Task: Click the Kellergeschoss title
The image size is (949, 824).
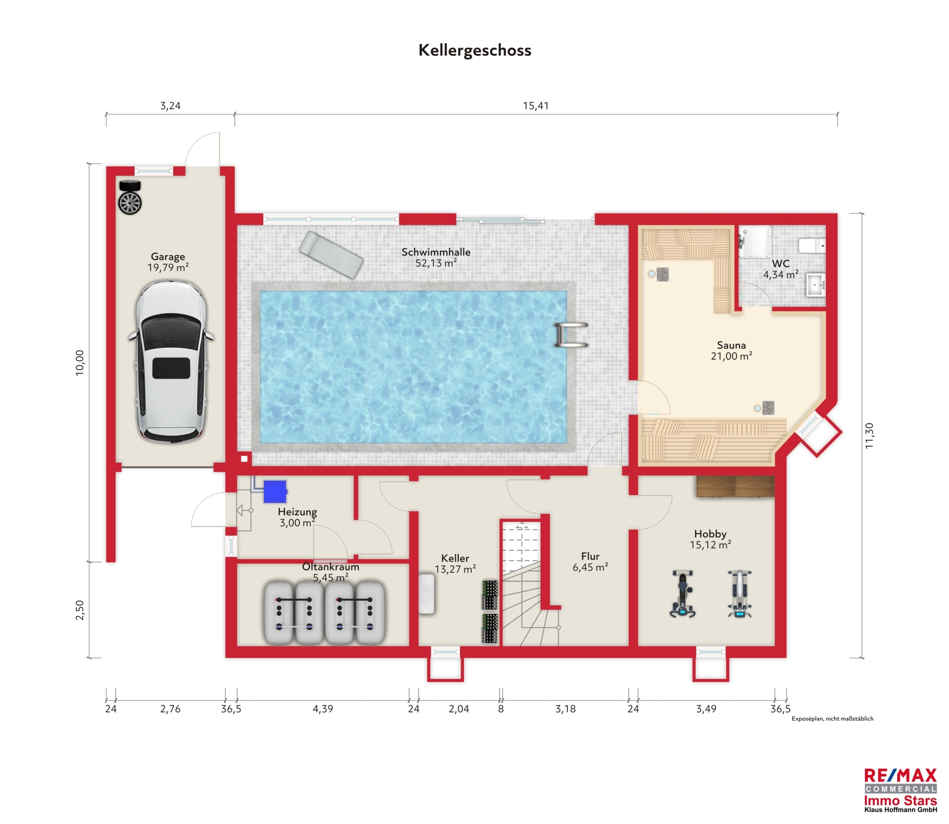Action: pyautogui.click(x=474, y=50)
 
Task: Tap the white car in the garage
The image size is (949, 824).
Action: pyautogui.click(x=171, y=362)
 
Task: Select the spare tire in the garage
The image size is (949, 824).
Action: pyautogui.click(x=130, y=198)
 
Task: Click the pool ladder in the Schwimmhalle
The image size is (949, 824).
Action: pyautogui.click(x=571, y=335)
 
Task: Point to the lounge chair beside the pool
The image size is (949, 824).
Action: pyautogui.click(x=331, y=255)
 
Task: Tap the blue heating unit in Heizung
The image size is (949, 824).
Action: pyautogui.click(x=275, y=491)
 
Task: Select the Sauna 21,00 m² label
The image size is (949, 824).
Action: pyautogui.click(x=731, y=351)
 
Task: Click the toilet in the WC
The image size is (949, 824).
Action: pyautogui.click(x=812, y=246)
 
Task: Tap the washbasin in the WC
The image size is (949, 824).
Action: pyautogui.click(x=816, y=285)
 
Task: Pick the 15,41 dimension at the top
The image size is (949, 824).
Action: pyautogui.click(x=536, y=106)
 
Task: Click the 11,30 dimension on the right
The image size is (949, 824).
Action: pyautogui.click(x=869, y=435)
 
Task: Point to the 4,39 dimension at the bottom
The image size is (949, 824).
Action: pyautogui.click(x=323, y=709)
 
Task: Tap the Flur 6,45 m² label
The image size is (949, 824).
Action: pyautogui.click(x=590, y=562)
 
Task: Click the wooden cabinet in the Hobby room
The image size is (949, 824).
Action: pyautogui.click(x=735, y=486)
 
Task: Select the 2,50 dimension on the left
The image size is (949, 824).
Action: pyautogui.click(x=80, y=610)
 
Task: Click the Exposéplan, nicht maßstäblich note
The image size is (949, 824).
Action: pyautogui.click(x=832, y=719)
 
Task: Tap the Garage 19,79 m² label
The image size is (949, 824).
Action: pyautogui.click(x=168, y=262)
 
